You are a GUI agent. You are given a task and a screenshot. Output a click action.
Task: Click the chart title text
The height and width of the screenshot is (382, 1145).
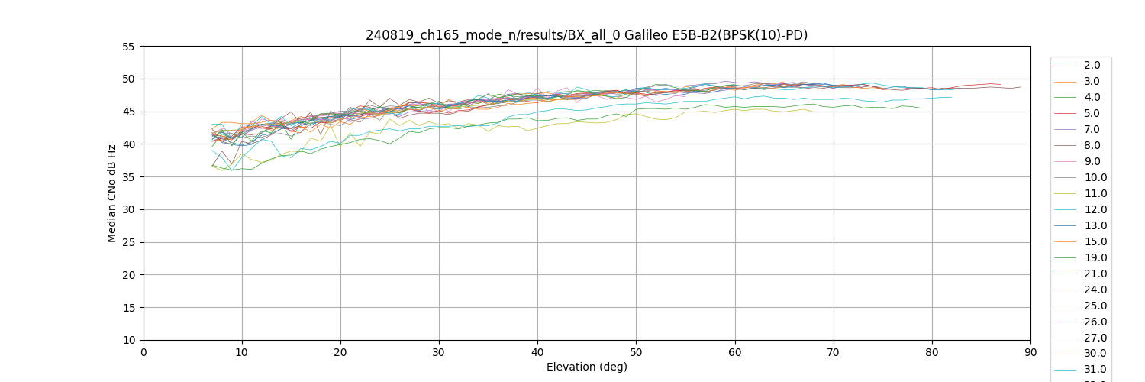[586, 35]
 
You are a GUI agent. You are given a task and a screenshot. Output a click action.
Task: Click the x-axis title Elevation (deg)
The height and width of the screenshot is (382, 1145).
[586, 367]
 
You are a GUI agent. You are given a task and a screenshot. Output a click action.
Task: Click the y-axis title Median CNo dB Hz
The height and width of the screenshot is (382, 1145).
[112, 193]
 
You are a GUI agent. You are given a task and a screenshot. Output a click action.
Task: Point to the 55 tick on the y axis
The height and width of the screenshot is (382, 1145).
[127, 47]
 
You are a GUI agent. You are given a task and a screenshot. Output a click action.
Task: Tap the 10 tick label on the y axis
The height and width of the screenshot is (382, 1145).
[127, 340]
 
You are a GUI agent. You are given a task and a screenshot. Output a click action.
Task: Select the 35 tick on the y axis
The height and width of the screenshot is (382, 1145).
[127, 177]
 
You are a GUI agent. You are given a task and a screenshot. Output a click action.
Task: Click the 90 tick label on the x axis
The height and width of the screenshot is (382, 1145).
[1030, 352]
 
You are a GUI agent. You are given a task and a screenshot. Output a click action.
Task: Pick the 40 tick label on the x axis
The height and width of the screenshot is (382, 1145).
[537, 352]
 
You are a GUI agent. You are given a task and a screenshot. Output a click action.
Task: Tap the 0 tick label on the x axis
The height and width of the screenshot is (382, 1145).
[144, 352]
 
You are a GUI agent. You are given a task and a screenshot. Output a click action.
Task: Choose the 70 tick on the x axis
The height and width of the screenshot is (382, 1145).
[834, 352]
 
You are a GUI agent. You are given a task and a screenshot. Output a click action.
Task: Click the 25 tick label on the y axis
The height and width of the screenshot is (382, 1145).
[127, 242]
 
